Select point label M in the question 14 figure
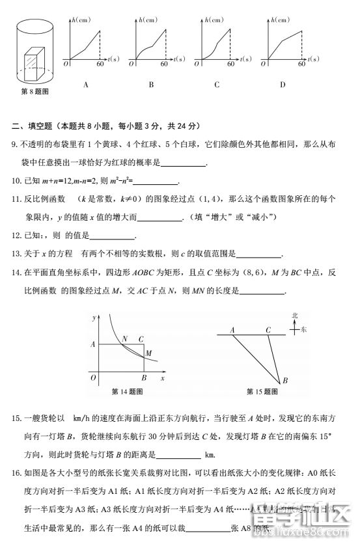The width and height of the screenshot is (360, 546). pyautogui.click(x=149, y=353)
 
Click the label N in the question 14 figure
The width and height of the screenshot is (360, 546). pyautogui.click(x=124, y=338)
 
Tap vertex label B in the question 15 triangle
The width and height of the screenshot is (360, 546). pyautogui.click(x=284, y=381)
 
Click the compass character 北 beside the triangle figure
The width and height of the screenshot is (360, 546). pyautogui.click(x=294, y=316)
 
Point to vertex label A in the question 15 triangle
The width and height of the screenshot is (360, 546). pyautogui.click(x=232, y=330)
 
